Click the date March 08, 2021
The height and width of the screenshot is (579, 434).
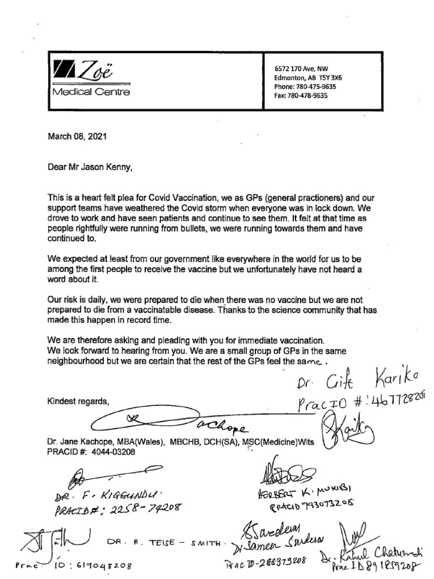tap(77, 136)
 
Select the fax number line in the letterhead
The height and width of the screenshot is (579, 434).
tap(301, 96)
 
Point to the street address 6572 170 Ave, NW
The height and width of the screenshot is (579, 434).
tap(305, 68)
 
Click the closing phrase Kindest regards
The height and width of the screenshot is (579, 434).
tap(77, 401)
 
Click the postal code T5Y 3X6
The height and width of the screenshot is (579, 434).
tap(338, 77)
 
